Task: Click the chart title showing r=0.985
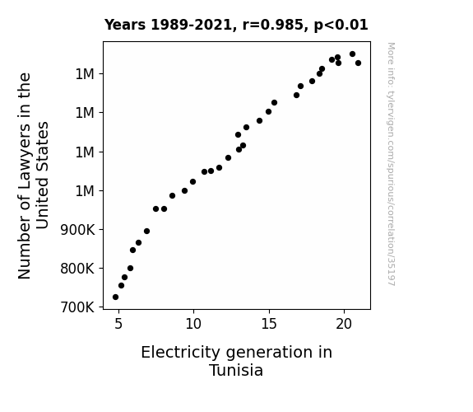(x=236, y=25)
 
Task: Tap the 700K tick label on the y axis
(x=77, y=307)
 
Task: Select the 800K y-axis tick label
(x=77, y=269)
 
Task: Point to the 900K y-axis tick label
(x=77, y=230)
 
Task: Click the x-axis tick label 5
(x=118, y=324)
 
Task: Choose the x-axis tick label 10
(x=193, y=324)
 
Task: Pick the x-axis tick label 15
(x=269, y=324)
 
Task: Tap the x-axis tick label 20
(x=344, y=324)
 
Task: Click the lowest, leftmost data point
(x=115, y=297)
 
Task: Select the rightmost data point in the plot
(x=359, y=63)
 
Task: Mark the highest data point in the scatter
(x=353, y=54)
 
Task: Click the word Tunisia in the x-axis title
(x=236, y=370)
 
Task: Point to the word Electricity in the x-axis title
(x=181, y=353)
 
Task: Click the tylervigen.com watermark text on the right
(x=392, y=164)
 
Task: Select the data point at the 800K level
(x=130, y=269)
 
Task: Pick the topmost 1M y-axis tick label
(x=85, y=74)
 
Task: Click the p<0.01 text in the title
(x=341, y=25)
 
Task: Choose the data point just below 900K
(x=147, y=232)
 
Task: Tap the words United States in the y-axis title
(x=43, y=176)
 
